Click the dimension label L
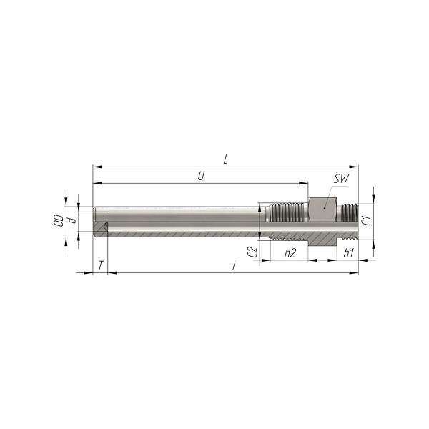pyautogui.click(x=225, y=159)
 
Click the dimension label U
pyautogui.click(x=201, y=176)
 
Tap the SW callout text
pyautogui.click(x=341, y=179)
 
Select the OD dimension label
pyautogui.click(x=59, y=220)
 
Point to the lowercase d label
pyautogui.click(x=72, y=220)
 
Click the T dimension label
pyautogui.click(x=101, y=265)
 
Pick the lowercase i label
pyautogui.click(x=233, y=265)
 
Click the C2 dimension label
pyautogui.click(x=252, y=252)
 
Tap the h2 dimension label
pyautogui.click(x=290, y=253)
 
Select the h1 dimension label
pyautogui.click(x=349, y=253)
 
